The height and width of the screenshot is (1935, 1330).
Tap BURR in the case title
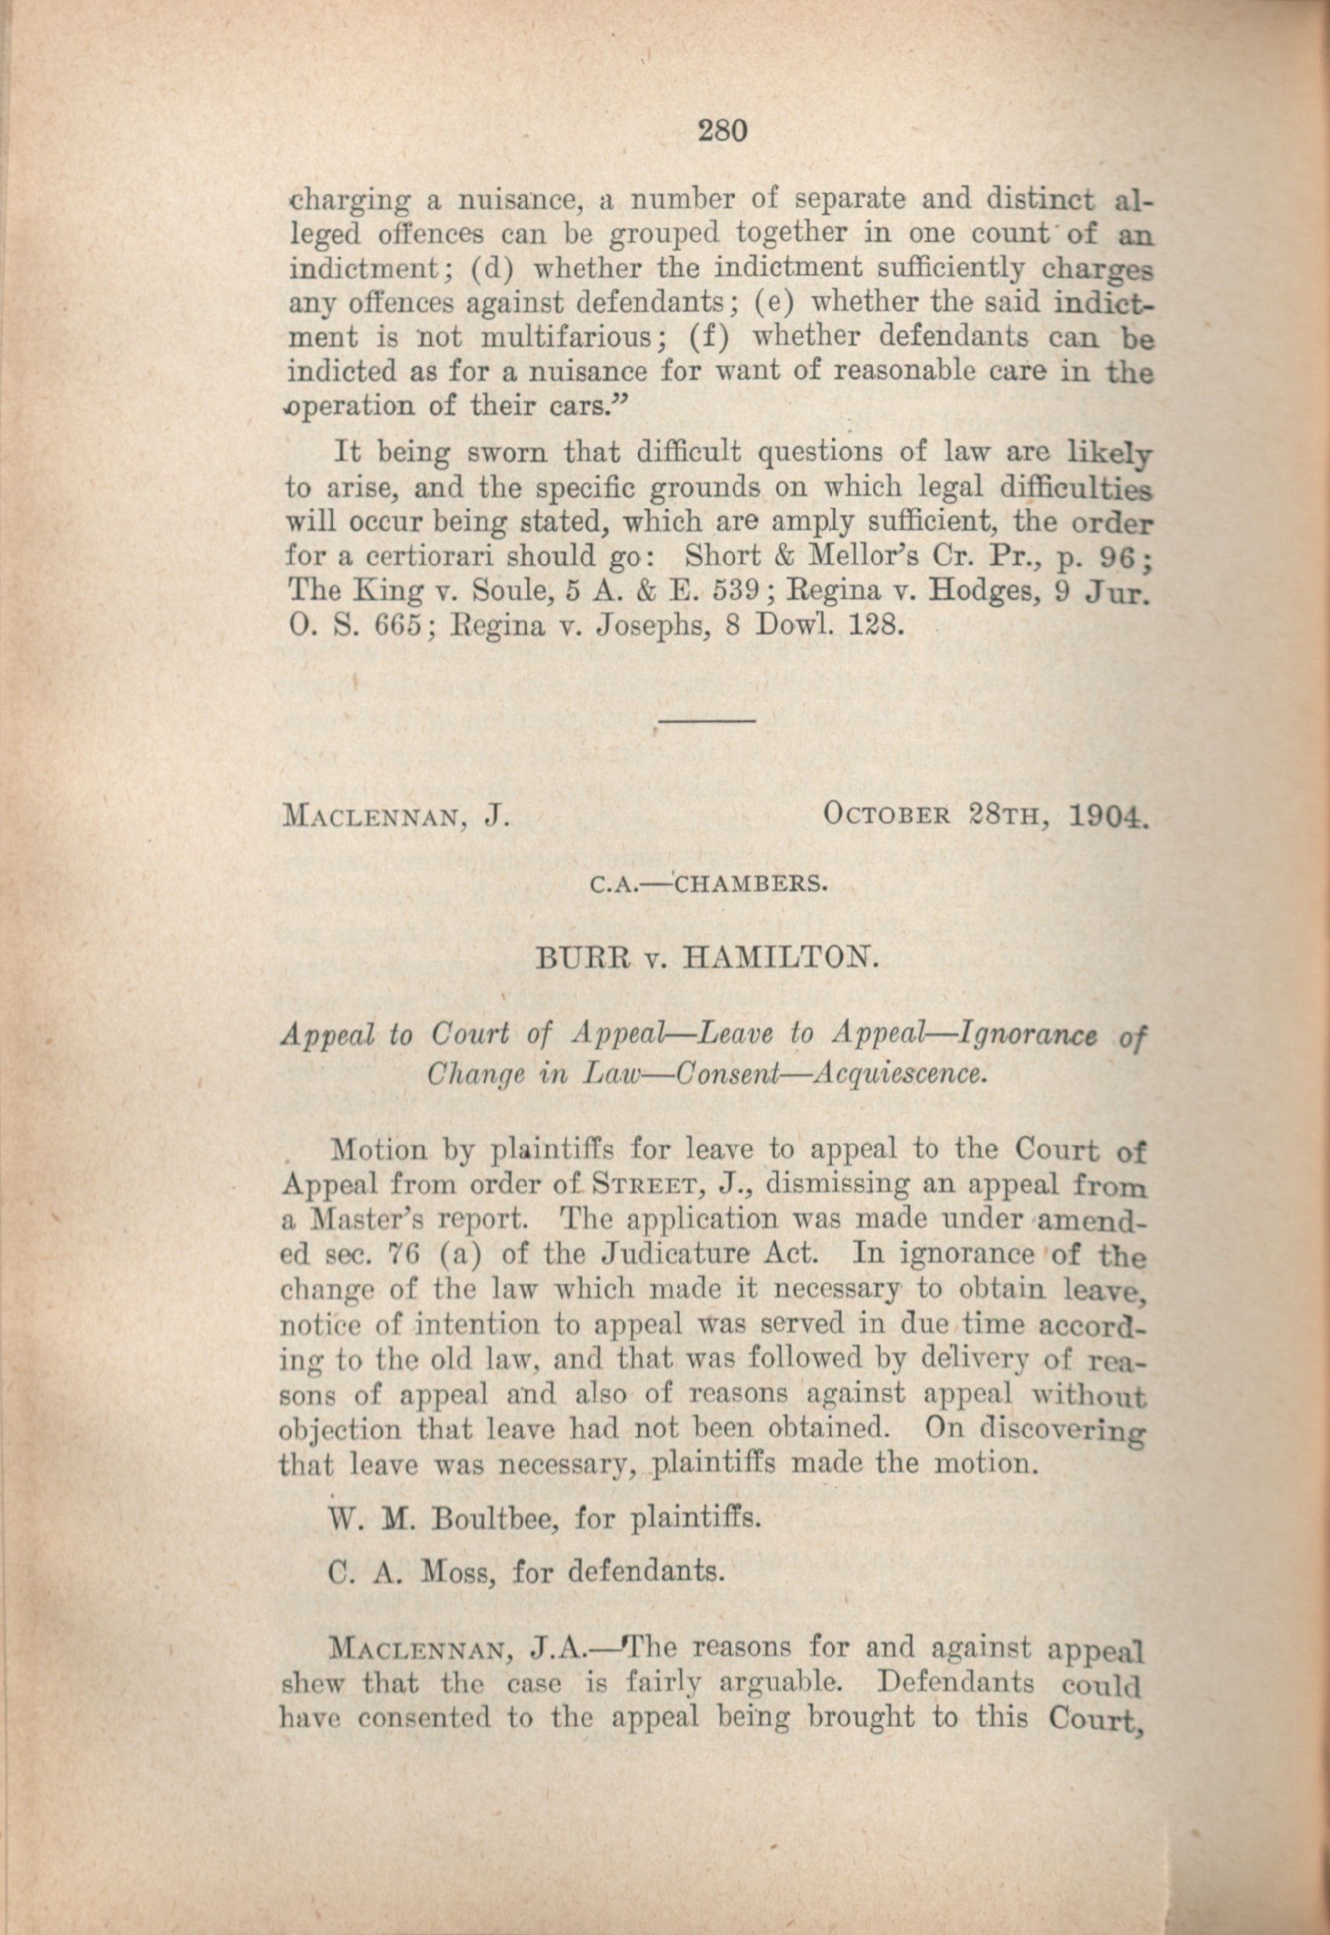point(574,962)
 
